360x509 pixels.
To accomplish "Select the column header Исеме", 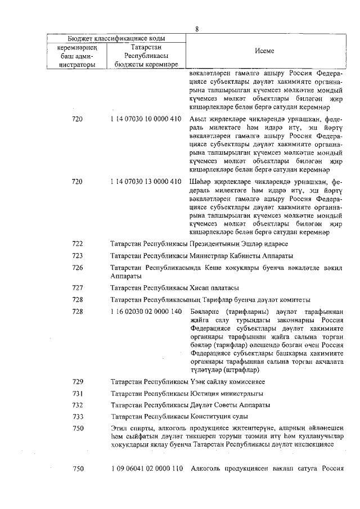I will point(264,51).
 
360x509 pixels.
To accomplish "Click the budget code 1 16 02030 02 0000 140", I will point(146,311).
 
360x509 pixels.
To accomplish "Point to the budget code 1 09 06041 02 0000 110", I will point(146,469).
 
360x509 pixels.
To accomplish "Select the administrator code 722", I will point(78,244).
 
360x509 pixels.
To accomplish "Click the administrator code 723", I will point(78,256).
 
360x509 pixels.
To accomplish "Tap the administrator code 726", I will point(78,268).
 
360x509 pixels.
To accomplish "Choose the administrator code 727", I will point(78,287).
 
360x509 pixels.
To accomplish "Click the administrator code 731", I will point(78,393).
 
